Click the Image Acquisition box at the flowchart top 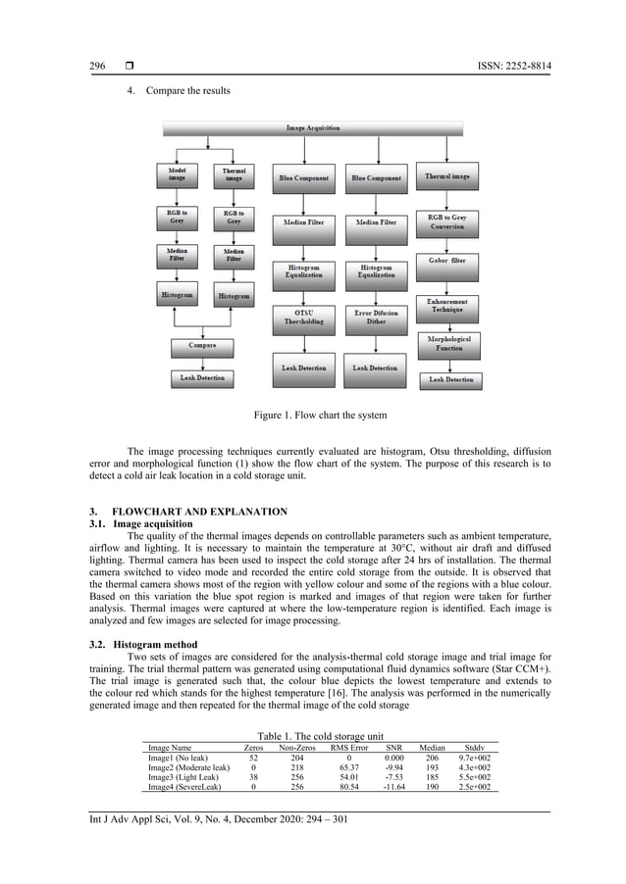(x=315, y=128)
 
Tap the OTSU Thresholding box (x=304, y=315)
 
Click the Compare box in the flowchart (x=203, y=345)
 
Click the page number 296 (x=97, y=66)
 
